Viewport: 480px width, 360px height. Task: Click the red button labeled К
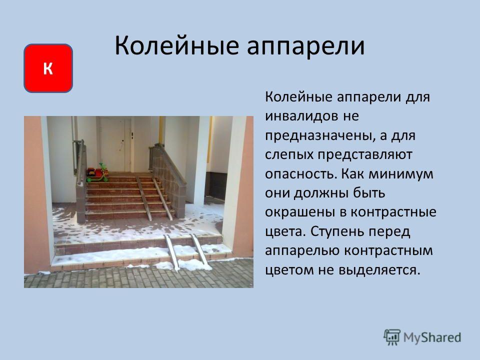click(48, 68)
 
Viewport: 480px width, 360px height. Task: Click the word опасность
click(300, 174)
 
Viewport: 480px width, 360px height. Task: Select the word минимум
click(401, 174)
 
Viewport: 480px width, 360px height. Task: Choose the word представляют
click(364, 155)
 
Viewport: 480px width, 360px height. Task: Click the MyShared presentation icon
click(392, 337)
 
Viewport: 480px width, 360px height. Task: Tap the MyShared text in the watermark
click(432, 338)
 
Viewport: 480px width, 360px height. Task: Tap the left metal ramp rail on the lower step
click(171, 253)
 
